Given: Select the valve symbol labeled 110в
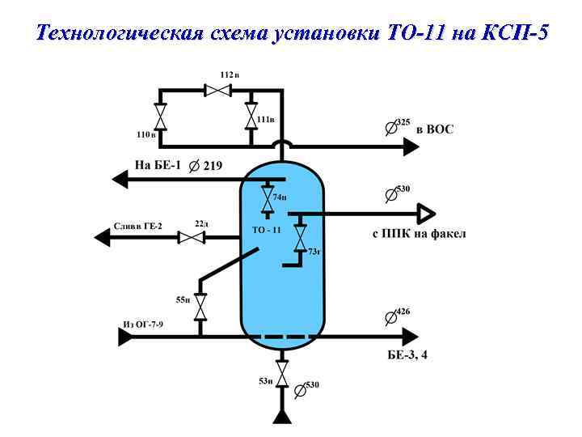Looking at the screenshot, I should (161, 117).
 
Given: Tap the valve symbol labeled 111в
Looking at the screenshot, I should (251, 117).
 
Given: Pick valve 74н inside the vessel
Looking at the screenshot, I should (266, 197).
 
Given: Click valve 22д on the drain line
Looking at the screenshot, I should (191, 237).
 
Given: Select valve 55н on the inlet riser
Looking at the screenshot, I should (200, 306).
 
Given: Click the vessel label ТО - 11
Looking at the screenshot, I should (266, 230).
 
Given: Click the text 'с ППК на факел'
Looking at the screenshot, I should (419, 235).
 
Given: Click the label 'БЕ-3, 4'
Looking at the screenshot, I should (410, 354).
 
